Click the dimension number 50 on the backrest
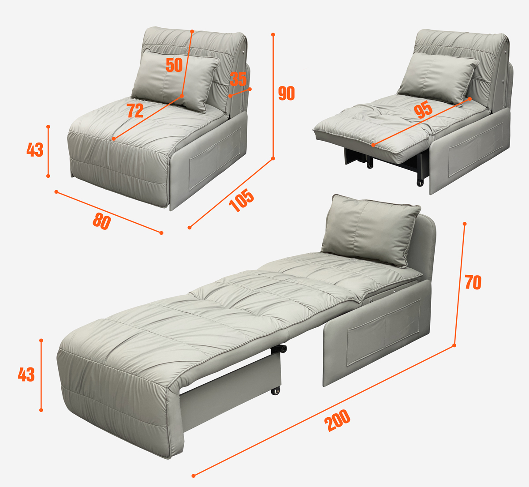point(174,65)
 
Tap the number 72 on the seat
point(135,111)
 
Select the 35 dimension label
point(238,79)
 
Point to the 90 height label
point(287,93)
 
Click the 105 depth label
point(241,200)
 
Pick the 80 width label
point(102,221)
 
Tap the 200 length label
point(337,420)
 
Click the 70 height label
point(473,282)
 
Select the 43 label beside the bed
point(26,374)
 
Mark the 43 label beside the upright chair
point(35,150)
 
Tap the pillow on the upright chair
point(175,80)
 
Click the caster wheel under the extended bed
point(276,391)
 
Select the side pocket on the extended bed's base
point(384,333)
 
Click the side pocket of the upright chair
point(215,158)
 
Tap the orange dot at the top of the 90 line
point(273,34)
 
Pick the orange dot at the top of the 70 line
point(465,224)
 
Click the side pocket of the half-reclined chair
point(476,150)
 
